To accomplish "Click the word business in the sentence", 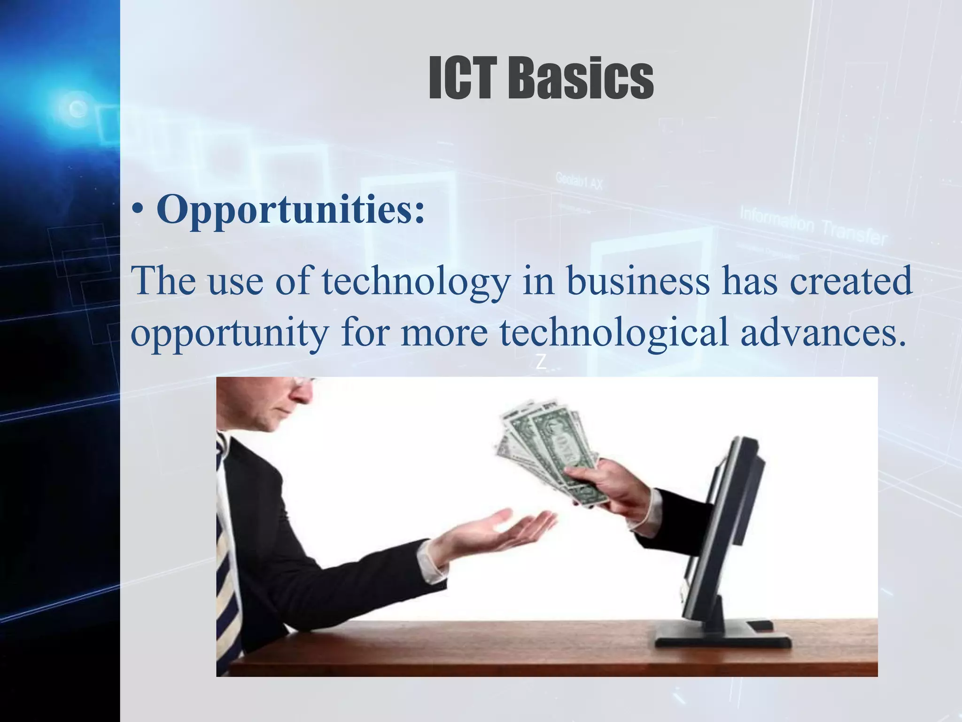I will [637, 281].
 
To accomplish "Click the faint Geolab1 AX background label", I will [579, 180].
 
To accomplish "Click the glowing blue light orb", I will [75, 108].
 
